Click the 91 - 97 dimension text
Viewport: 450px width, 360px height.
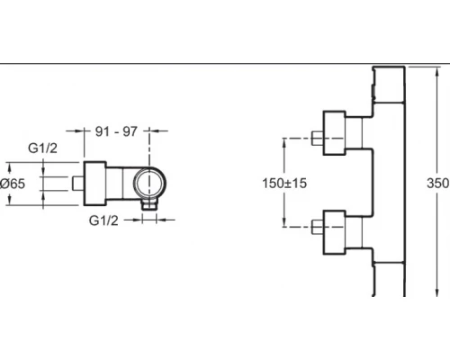pos(116,131)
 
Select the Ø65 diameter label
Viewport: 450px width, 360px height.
pos(13,184)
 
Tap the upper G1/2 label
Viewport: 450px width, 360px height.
pos(42,148)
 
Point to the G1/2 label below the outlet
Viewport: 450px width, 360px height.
pos(103,220)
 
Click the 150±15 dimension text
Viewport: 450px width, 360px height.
pos(284,183)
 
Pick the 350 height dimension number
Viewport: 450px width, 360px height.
pos(437,183)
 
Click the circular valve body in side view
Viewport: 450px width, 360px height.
pos(149,183)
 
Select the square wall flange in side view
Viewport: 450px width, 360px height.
pos(94,184)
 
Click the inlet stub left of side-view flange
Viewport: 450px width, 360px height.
pos(78,184)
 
